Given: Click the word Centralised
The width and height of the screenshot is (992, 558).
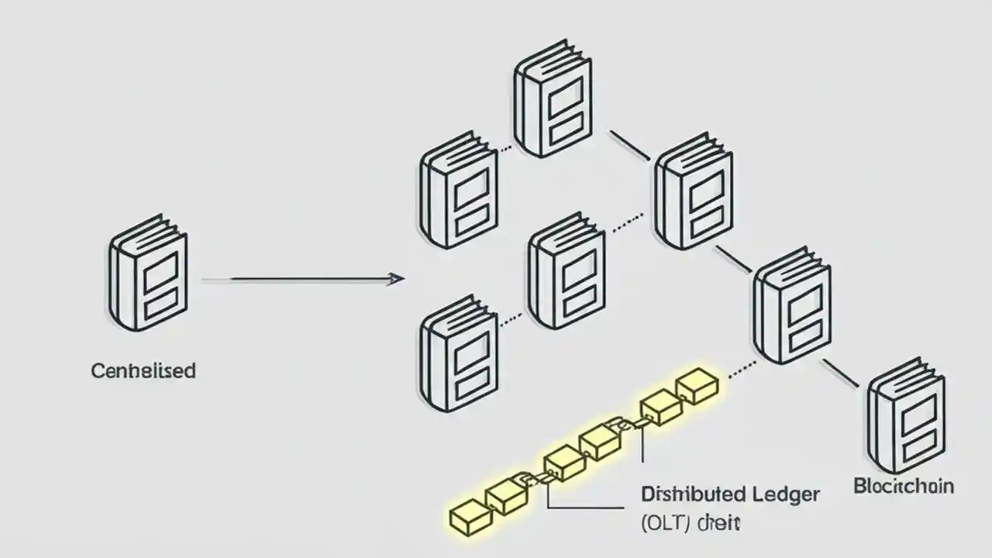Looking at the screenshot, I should point(143,370).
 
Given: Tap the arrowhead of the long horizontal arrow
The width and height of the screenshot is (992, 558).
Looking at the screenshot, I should point(396,278).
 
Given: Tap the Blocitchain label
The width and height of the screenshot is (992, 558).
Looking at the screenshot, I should point(904,487).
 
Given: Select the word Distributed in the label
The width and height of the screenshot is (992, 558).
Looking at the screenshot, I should point(694,494).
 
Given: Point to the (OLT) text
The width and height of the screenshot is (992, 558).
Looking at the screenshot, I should point(666,523).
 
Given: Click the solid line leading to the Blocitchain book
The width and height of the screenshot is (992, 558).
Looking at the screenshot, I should point(840,373).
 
